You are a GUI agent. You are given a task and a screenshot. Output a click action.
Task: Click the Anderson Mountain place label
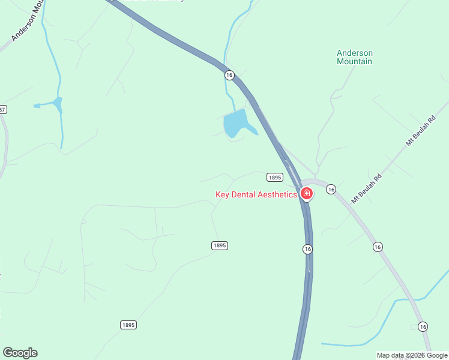(x=354, y=57)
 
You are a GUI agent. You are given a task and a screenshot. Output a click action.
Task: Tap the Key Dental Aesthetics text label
(x=256, y=194)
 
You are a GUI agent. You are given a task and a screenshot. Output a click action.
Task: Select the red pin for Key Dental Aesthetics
(x=306, y=194)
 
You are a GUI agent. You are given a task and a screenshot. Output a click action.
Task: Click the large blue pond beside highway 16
(x=236, y=124)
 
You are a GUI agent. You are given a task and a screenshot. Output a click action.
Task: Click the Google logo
(x=20, y=353)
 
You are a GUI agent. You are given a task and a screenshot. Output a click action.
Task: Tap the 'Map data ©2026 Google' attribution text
(x=412, y=355)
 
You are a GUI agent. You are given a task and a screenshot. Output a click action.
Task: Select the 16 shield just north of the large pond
(x=229, y=74)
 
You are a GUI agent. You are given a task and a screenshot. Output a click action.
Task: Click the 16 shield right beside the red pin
(x=331, y=189)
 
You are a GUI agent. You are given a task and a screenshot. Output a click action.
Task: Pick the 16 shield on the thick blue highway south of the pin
(x=307, y=248)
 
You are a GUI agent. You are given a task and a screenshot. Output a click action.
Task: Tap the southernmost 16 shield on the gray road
(x=423, y=326)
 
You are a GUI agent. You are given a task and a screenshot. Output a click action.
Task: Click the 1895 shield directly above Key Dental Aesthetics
(x=274, y=177)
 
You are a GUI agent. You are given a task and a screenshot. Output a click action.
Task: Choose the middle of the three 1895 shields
(x=220, y=245)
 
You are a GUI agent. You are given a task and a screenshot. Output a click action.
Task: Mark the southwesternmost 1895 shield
(x=128, y=325)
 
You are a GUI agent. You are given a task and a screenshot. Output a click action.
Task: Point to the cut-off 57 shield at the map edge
(x=2, y=109)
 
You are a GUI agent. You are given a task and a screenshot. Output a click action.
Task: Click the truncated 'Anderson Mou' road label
(x=28, y=24)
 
